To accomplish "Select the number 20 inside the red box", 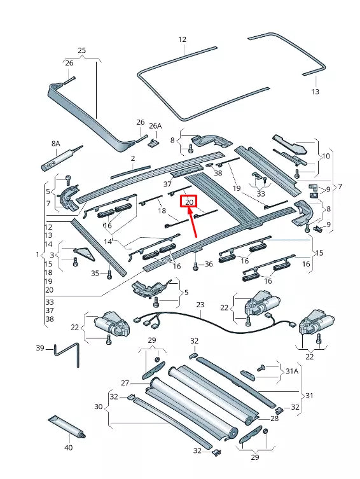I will [x=189, y=202].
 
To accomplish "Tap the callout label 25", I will [x=81, y=50].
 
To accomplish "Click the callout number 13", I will [x=315, y=92].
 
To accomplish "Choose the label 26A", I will [x=155, y=126].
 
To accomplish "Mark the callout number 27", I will [x=125, y=384].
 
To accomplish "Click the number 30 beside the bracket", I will [x=98, y=407].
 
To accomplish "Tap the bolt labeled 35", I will [x=109, y=274].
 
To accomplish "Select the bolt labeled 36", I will [x=195, y=265].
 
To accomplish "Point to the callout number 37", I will [x=168, y=184].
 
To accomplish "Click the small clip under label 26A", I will [x=153, y=142].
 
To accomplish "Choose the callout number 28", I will [x=275, y=419].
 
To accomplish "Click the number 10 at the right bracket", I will [x=326, y=156].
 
